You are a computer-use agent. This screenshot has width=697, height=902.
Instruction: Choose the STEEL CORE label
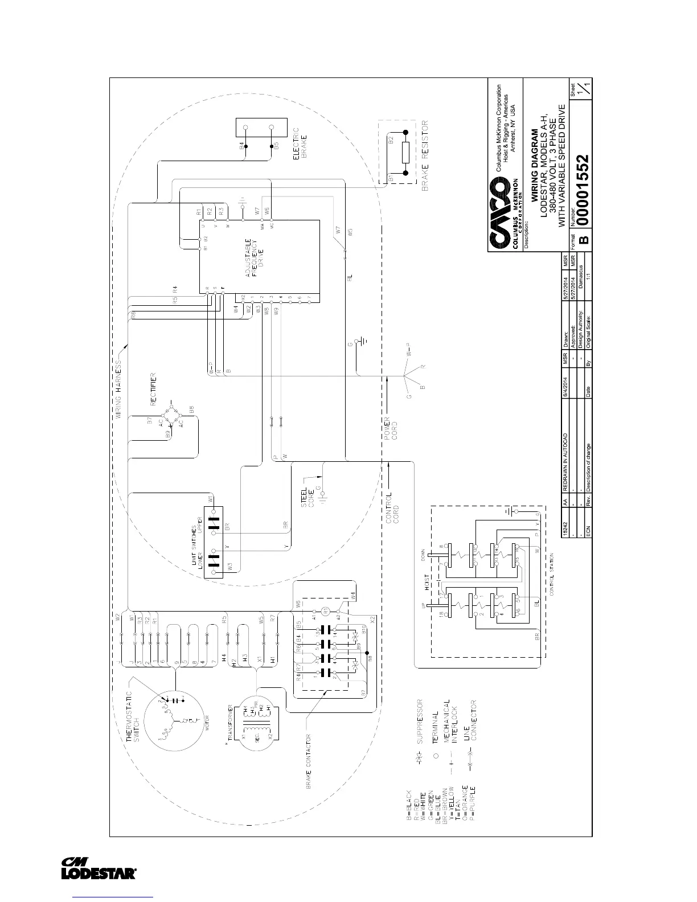(x=307, y=497)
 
